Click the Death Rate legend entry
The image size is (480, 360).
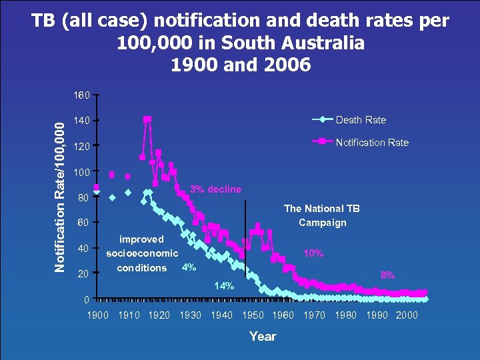(x=361, y=120)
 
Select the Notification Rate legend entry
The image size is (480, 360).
(x=372, y=142)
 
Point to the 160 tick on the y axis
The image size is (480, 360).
(x=82, y=95)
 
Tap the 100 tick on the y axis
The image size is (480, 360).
(x=82, y=173)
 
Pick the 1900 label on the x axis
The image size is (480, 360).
(x=98, y=315)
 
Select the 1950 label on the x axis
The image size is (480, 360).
(x=253, y=315)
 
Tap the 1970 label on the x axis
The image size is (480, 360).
(x=315, y=315)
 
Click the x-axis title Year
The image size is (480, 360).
(x=262, y=336)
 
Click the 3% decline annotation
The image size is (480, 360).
(x=215, y=189)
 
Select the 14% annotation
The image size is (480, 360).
(x=223, y=286)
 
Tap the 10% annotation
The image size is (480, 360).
(x=313, y=253)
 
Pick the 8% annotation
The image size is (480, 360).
(x=387, y=275)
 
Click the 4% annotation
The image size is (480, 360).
(x=189, y=267)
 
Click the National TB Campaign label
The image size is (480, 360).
(x=322, y=215)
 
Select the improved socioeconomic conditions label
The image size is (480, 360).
(x=142, y=253)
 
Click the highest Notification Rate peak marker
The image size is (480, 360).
(x=147, y=119)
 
